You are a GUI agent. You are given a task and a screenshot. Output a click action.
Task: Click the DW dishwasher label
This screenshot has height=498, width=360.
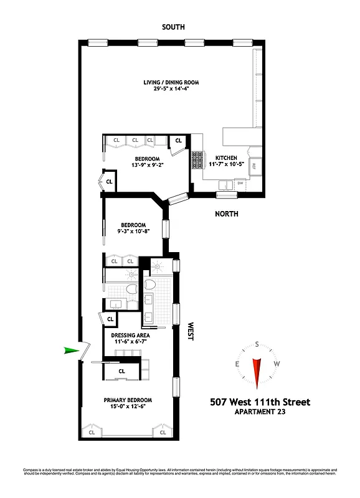tap(240, 183)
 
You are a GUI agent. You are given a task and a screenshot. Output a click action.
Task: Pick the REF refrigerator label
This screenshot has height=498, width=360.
tap(254, 166)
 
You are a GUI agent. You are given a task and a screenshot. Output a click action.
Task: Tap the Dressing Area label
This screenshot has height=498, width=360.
tap(131, 335)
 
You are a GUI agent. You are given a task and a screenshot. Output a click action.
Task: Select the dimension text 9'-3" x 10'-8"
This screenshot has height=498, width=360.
tap(133, 232)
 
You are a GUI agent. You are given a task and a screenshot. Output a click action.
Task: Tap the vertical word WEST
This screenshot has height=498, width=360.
tap(190, 331)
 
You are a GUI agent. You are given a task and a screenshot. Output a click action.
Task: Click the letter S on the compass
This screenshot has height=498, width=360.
tap(257, 344)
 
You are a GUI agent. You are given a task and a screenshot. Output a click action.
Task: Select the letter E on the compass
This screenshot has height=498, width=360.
tap(237, 364)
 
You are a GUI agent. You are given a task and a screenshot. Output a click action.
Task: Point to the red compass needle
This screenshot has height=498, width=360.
tap(257, 372)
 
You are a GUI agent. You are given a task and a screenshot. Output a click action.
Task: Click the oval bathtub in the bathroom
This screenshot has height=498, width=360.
tap(149, 284)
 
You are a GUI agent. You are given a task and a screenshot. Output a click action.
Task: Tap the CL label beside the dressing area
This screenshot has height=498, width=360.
tap(110, 319)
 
